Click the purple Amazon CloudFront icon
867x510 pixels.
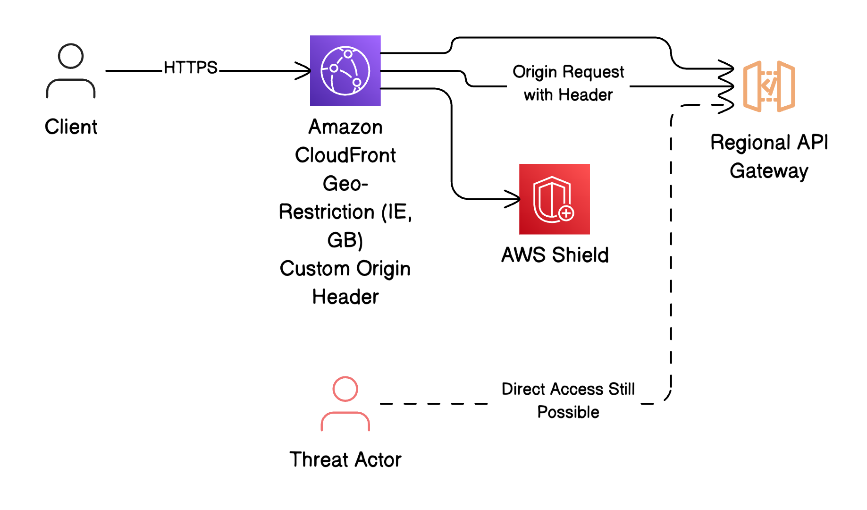[345, 71]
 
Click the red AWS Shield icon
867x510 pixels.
[554, 199]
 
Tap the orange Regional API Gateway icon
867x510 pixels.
[769, 86]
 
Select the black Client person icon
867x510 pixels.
[71, 71]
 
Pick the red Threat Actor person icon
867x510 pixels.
[345, 404]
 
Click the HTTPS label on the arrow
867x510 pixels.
[190, 68]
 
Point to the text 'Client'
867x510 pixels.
[71, 127]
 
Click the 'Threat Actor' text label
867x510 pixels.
[345, 459]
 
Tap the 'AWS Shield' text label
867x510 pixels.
[555, 255]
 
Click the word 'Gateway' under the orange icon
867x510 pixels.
[769, 171]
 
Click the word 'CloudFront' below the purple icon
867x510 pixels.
[345, 155]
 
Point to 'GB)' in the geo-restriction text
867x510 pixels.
[345, 240]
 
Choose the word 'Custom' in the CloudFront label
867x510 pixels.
[315, 269]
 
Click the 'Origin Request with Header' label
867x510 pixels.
[568, 83]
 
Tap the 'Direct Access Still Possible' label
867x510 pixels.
[568, 400]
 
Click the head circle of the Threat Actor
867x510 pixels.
[345, 389]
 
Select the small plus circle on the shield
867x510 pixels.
[566, 213]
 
